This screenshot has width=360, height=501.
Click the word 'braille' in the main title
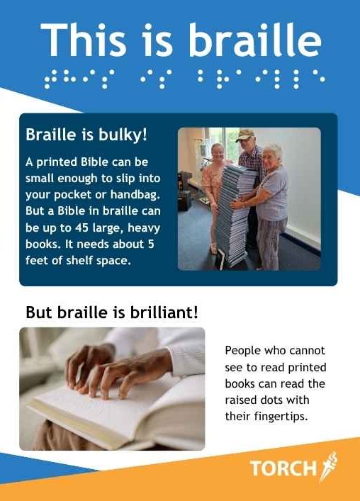coord(256,40)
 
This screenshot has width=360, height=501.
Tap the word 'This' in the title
coord(84,40)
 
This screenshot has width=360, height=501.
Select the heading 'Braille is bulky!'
coord(86,135)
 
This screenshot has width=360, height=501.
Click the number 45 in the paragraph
coord(81,227)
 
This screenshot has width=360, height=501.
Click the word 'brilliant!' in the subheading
coord(164,313)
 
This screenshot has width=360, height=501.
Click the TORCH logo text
coord(282,468)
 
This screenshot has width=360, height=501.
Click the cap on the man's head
coord(244,135)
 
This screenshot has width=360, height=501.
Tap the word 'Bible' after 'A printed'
coord(94,162)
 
